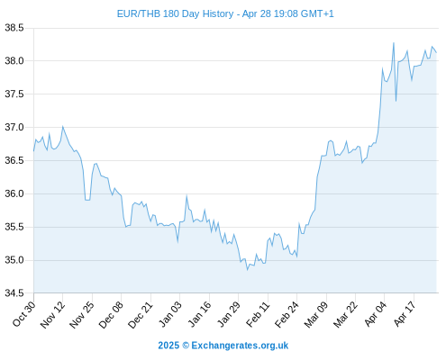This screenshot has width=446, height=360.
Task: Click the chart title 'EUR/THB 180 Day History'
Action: click(x=175, y=13)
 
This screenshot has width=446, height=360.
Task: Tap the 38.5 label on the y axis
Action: click(x=14, y=28)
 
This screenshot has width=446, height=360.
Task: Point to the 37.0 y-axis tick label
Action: click(x=14, y=128)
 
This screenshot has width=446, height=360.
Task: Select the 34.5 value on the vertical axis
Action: click(x=14, y=293)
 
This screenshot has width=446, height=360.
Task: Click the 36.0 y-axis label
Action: click(x=14, y=193)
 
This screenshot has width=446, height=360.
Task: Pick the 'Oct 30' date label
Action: click(x=24, y=313)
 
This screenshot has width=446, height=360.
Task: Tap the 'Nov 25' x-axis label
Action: click(x=82, y=314)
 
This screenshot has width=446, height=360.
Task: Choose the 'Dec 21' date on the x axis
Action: click(x=141, y=314)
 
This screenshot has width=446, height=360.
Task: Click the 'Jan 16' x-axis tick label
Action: click(x=199, y=314)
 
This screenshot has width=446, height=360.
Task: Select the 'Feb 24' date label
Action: click(x=287, y=314)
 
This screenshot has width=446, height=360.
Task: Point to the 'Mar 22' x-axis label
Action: click(x=345, y=314)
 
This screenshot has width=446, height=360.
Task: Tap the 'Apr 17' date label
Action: click(x=405, y=314)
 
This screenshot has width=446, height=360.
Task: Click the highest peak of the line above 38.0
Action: click(x=394, y=43)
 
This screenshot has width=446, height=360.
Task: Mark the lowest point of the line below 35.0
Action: click(x=248, y=270)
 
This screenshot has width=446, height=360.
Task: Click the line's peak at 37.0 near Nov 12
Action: click(x=62, y=126)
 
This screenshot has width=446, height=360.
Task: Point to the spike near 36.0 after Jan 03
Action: click(x=187, y=196)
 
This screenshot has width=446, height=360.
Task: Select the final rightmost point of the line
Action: click(x=436, y=53)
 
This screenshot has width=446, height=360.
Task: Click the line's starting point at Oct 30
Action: click(x=33, y=151)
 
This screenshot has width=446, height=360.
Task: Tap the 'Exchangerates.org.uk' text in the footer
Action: click(x=240, y=346)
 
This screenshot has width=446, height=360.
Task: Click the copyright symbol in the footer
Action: click(x=186, y=346)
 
